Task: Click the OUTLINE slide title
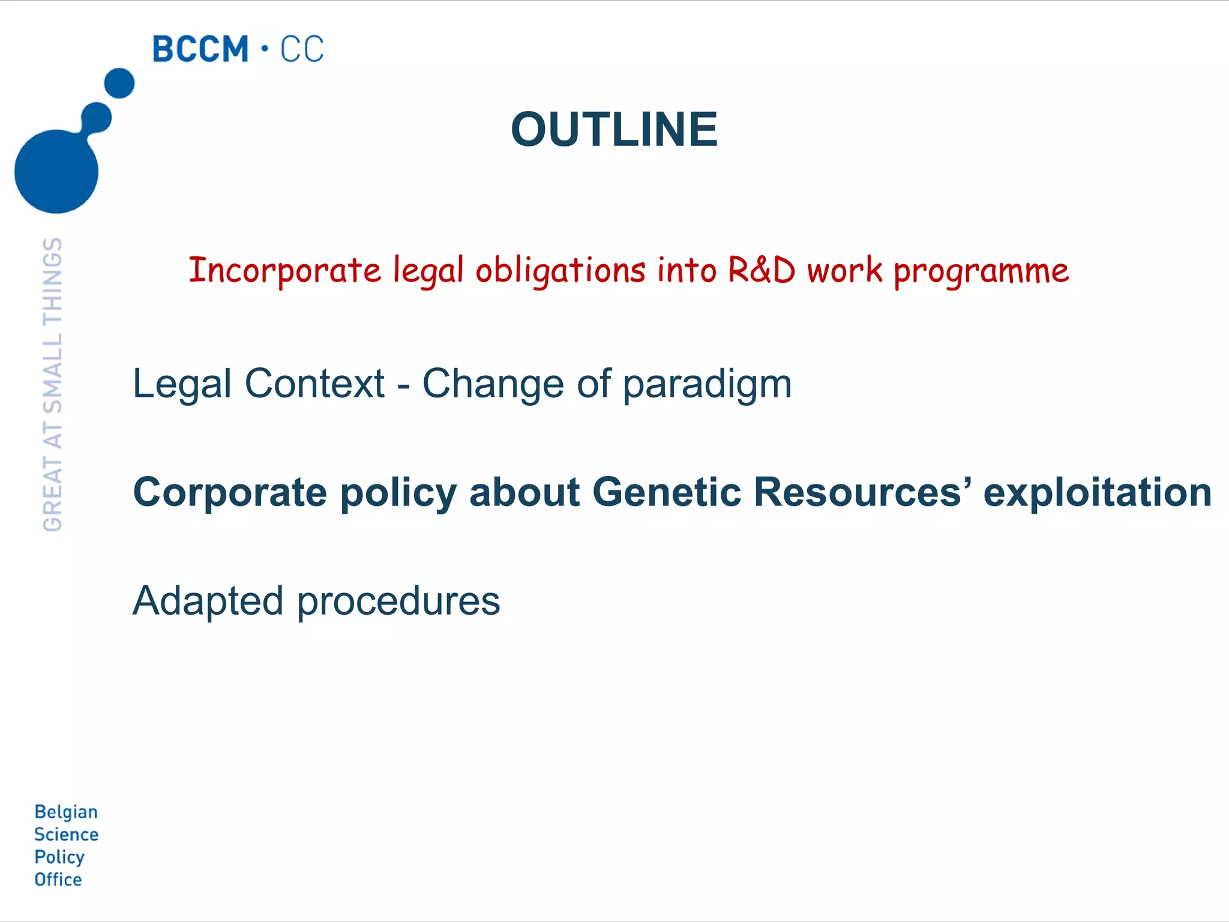pos(614,130)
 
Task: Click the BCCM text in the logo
pos(200,49)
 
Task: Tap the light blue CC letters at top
pos(302,49)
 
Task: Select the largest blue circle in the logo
pos(56,171)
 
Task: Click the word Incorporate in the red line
pos(285,270)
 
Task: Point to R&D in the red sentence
pos(762,270)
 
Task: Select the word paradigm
pos(707,384)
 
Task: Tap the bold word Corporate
pos(230,493)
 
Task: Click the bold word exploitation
pos(1098,493)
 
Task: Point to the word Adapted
pos(208,601)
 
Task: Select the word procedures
pos(398,601)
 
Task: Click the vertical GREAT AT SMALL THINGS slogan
pos(53,384)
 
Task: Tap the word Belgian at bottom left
pos(66,812)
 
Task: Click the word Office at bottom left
pos(58,879)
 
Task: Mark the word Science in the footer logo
pos(66,834)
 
